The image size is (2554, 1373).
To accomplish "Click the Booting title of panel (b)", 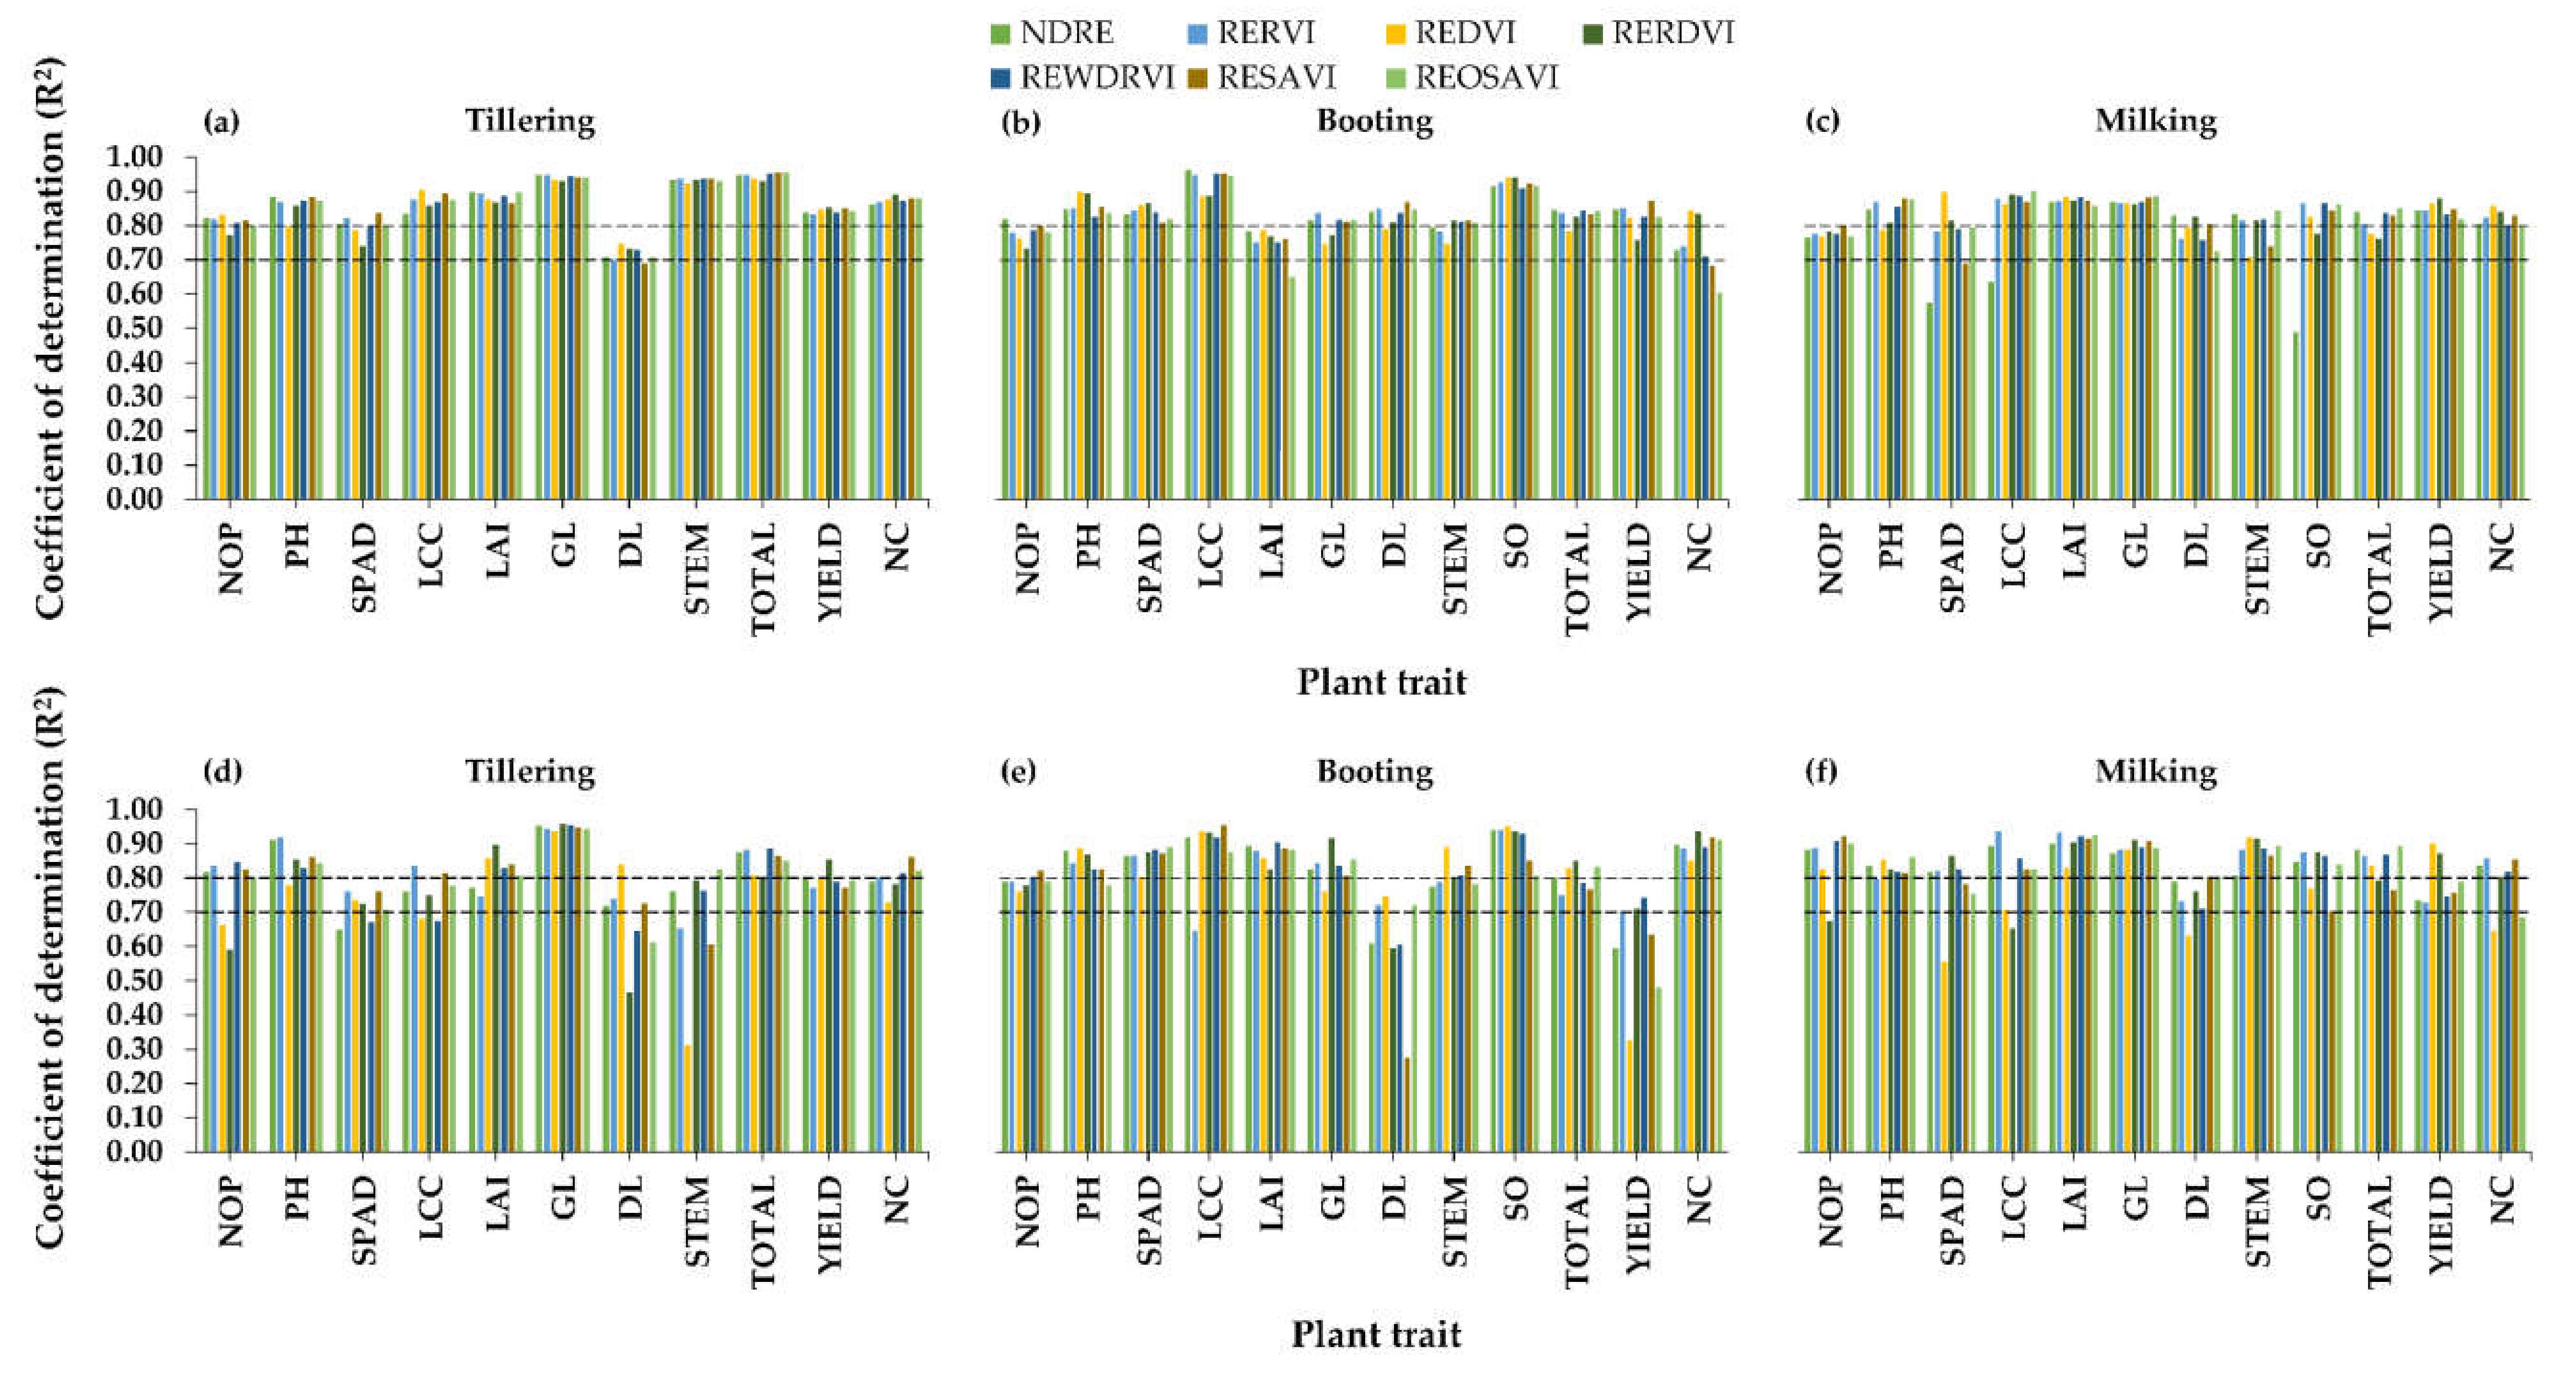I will click(x=1374, y=121).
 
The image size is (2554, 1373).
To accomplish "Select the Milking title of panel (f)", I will click(x=2156, y=771).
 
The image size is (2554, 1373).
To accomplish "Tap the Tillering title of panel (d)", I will click(x=531, y=771).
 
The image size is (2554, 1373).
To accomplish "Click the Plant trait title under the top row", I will click(x=1381, y=682).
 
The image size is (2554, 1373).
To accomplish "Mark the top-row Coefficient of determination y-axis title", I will click(x=49, y=337).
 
